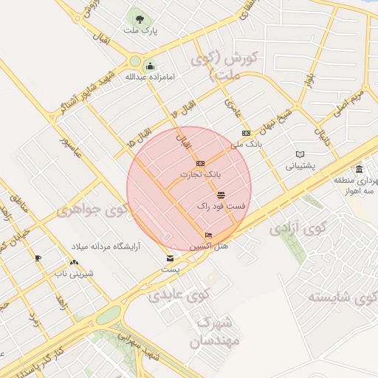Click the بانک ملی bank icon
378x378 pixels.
[x=246, y=133]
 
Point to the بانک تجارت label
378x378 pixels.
[x=200, y=175]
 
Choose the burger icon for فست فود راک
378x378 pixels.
[x=221, y=194]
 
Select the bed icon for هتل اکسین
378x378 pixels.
[x=208, y=235]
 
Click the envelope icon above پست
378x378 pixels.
[x=171, y=259]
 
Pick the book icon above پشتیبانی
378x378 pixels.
[x=299, y=154]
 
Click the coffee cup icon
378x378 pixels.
[x=38, y=258]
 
